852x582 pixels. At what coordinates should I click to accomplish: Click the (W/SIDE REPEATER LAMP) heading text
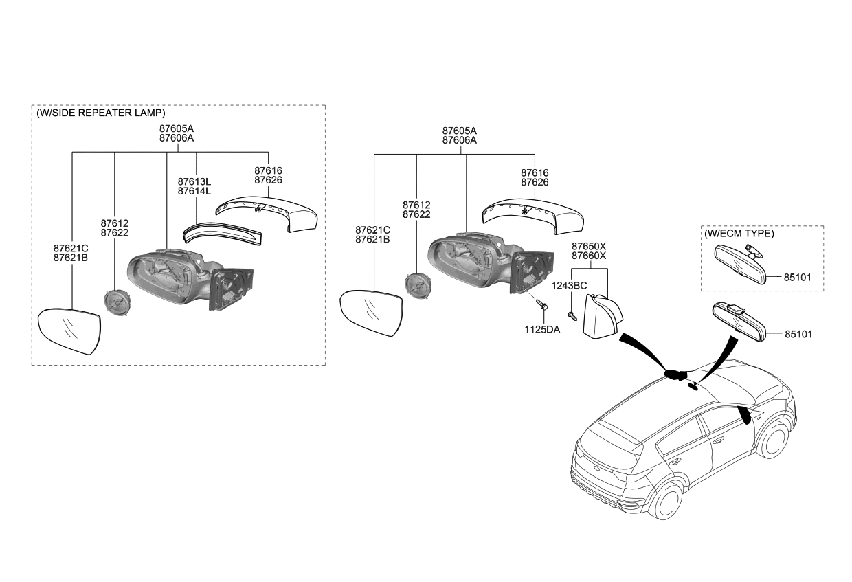coord(100,113)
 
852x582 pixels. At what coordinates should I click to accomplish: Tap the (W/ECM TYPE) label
coord(739,234)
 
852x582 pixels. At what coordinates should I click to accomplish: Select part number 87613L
coord(194,181)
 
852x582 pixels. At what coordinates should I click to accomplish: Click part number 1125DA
coord(543,330)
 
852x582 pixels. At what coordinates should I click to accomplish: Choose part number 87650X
coord(589,246)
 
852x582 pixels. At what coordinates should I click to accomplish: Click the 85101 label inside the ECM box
coord(798,278)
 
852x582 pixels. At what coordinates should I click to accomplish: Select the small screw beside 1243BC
coord(572,314)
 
